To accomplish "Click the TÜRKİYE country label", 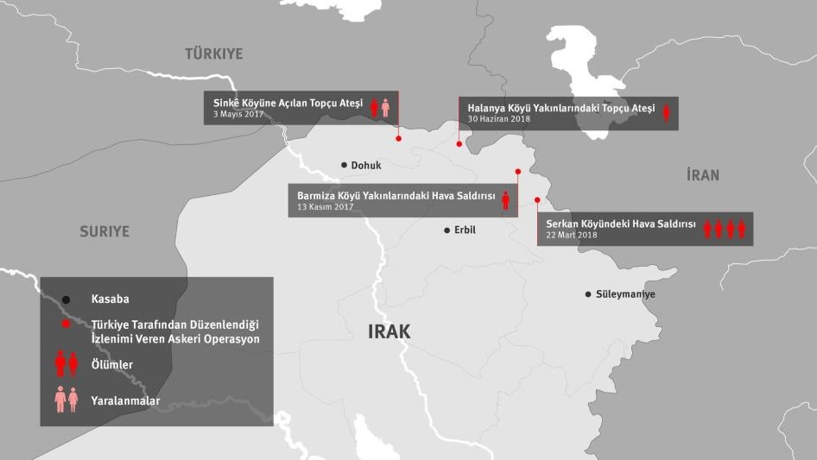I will pos(214,54).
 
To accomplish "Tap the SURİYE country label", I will pos(104,231).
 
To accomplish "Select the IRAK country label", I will pos(389,331).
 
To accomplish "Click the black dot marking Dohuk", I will pos(344,165).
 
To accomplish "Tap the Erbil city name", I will pos(465,230).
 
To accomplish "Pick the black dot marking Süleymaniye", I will pos(587,294).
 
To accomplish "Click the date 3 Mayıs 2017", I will pos(238,115).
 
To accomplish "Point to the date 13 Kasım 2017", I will pos(326,207).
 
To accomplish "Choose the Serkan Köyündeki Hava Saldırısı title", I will pos(620,224).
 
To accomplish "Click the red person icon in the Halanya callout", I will pos(666,112).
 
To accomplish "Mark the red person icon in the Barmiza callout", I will pos(506,201).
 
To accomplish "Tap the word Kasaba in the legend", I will pos(111,299).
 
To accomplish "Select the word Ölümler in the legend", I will pos(111,364).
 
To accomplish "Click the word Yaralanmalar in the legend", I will pos(125,400).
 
